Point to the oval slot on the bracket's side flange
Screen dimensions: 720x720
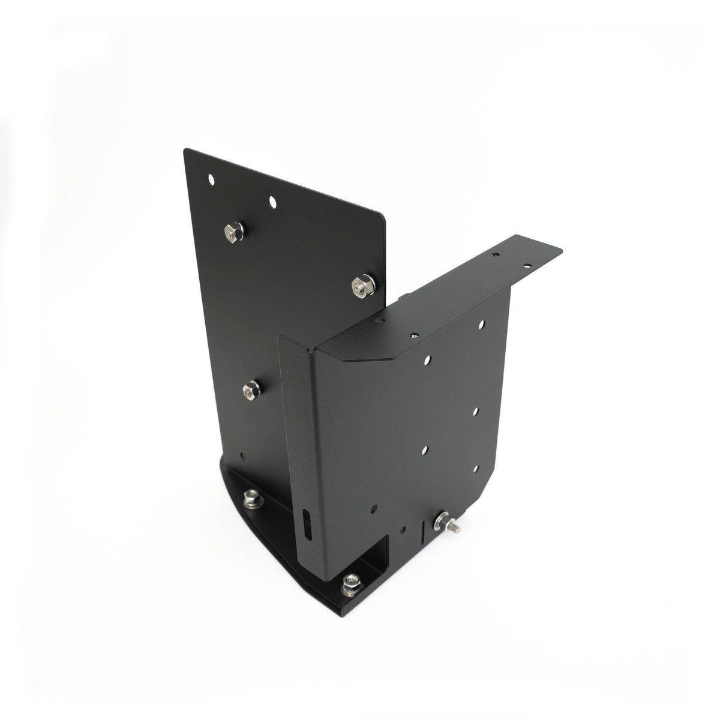308,526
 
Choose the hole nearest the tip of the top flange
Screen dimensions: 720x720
529,264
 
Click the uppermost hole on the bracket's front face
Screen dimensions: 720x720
482,325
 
